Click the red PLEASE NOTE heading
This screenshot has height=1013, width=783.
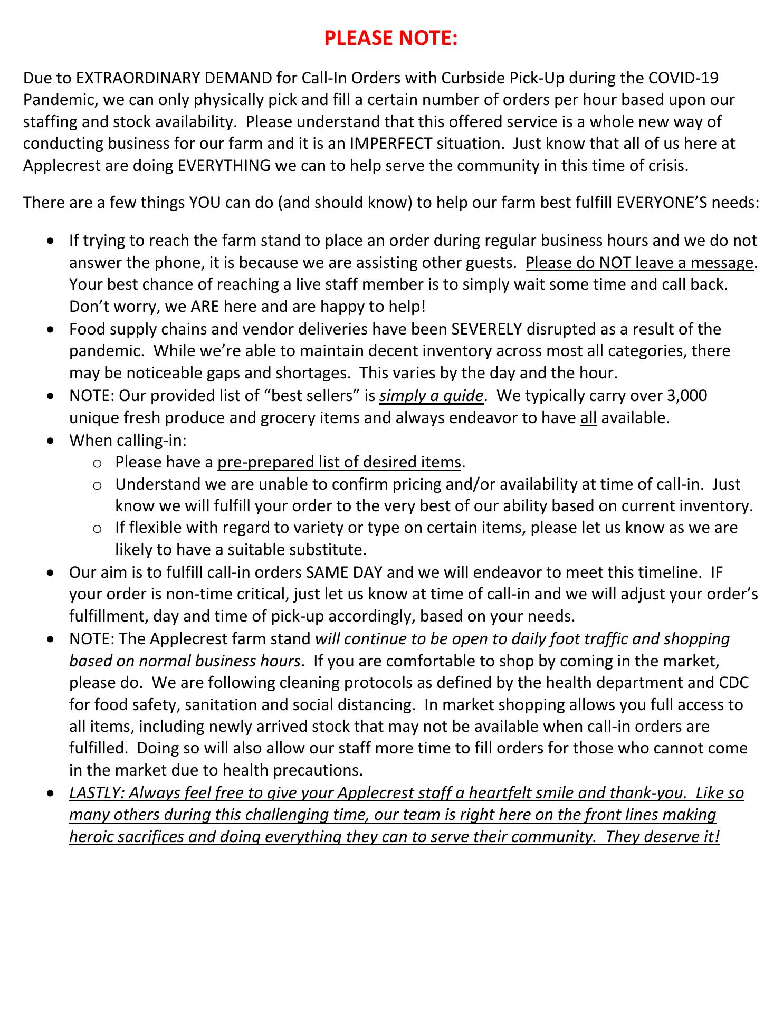coord(390,38)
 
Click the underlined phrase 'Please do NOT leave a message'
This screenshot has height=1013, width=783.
coord(639,262)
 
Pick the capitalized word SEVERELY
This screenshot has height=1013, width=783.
coord(486,329)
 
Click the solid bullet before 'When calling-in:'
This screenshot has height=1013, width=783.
coord(50,440)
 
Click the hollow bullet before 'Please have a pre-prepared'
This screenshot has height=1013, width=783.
coord(97,463)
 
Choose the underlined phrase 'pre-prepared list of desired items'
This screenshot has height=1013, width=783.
coord(339,462)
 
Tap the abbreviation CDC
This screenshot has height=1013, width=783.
coord(733,683)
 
